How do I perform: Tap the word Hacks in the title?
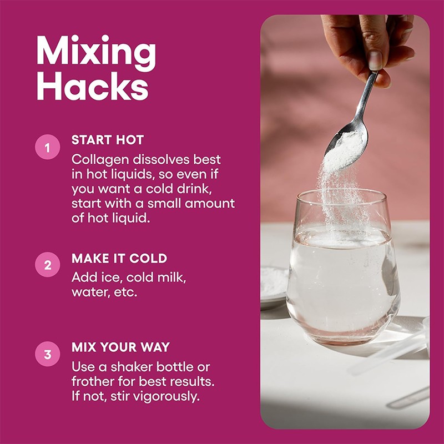[x=93, y=86]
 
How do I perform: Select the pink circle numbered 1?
[x=48, y=147]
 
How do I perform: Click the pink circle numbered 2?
[x=48, y=265]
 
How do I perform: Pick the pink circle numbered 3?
[x=48, y=354]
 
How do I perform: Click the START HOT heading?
[x=108, y=140]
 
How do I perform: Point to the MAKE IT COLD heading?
[x=119, y=258]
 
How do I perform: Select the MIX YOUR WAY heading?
[x=120, y=347]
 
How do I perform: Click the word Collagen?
[x=100, y=160]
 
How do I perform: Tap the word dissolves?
[x=161, y=159]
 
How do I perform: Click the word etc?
[x=125, y=292]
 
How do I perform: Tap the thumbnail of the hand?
[x=376, y=60]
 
